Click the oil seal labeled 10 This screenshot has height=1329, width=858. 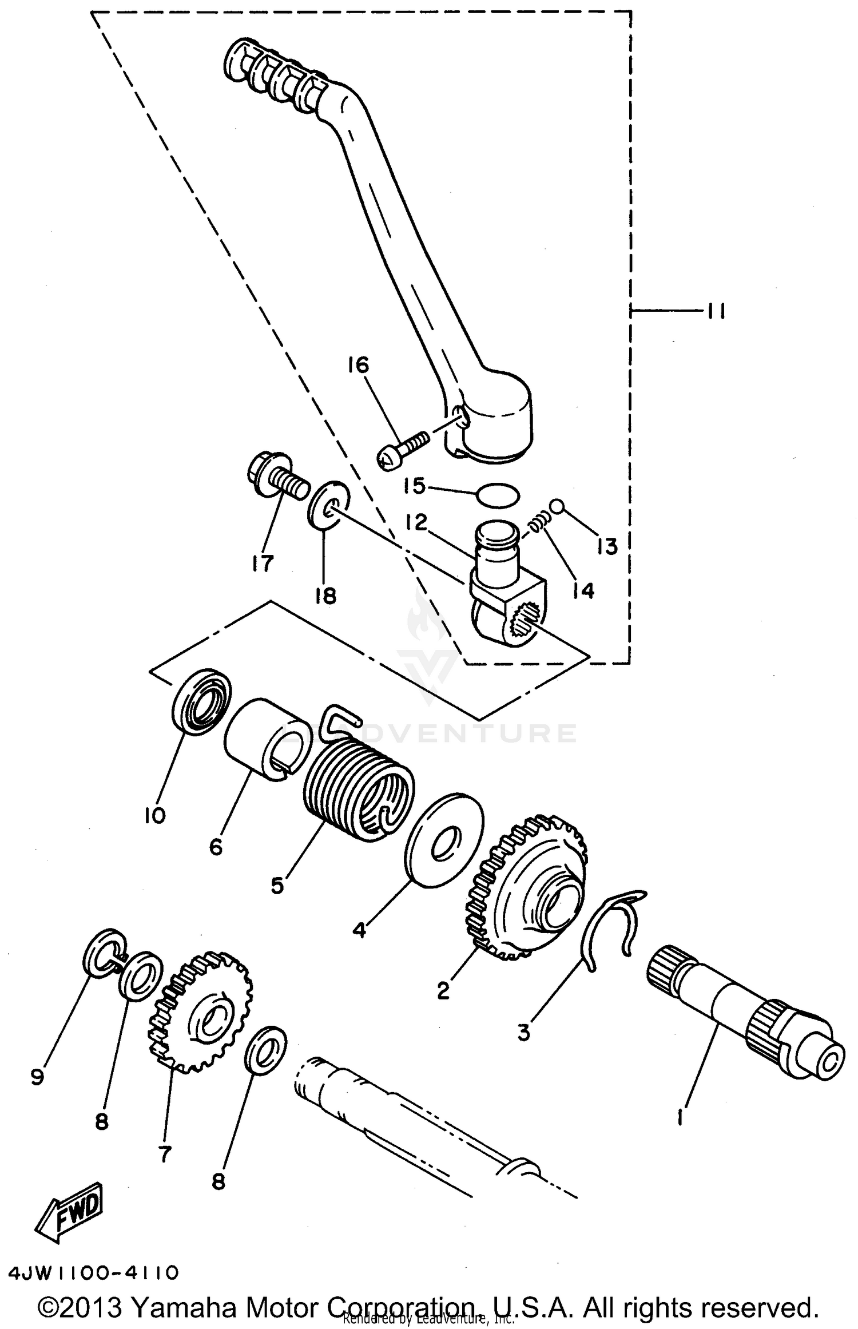[x=201, y=700]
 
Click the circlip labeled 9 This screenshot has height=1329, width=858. [x=102, y=955]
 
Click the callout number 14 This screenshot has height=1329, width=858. [x=583, y=589]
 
